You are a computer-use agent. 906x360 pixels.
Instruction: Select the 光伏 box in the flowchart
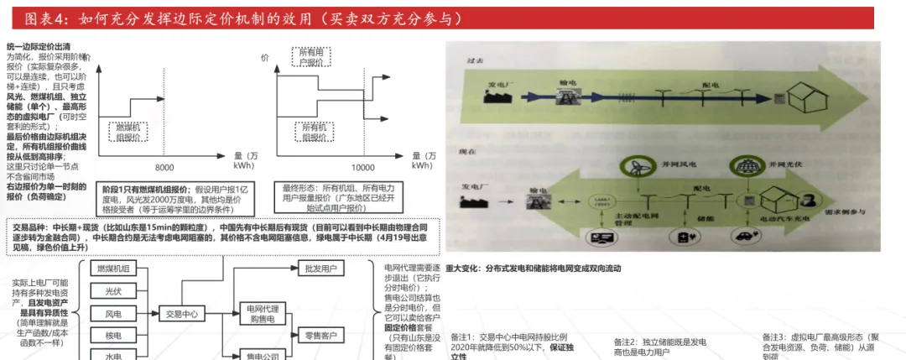pyautogui.click(x=113, y=291)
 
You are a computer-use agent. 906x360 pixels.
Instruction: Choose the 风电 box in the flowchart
pyautogui.click(x=113, y=314)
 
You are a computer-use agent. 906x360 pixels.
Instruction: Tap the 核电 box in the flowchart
pyautogui.click(x=113, y=336)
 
